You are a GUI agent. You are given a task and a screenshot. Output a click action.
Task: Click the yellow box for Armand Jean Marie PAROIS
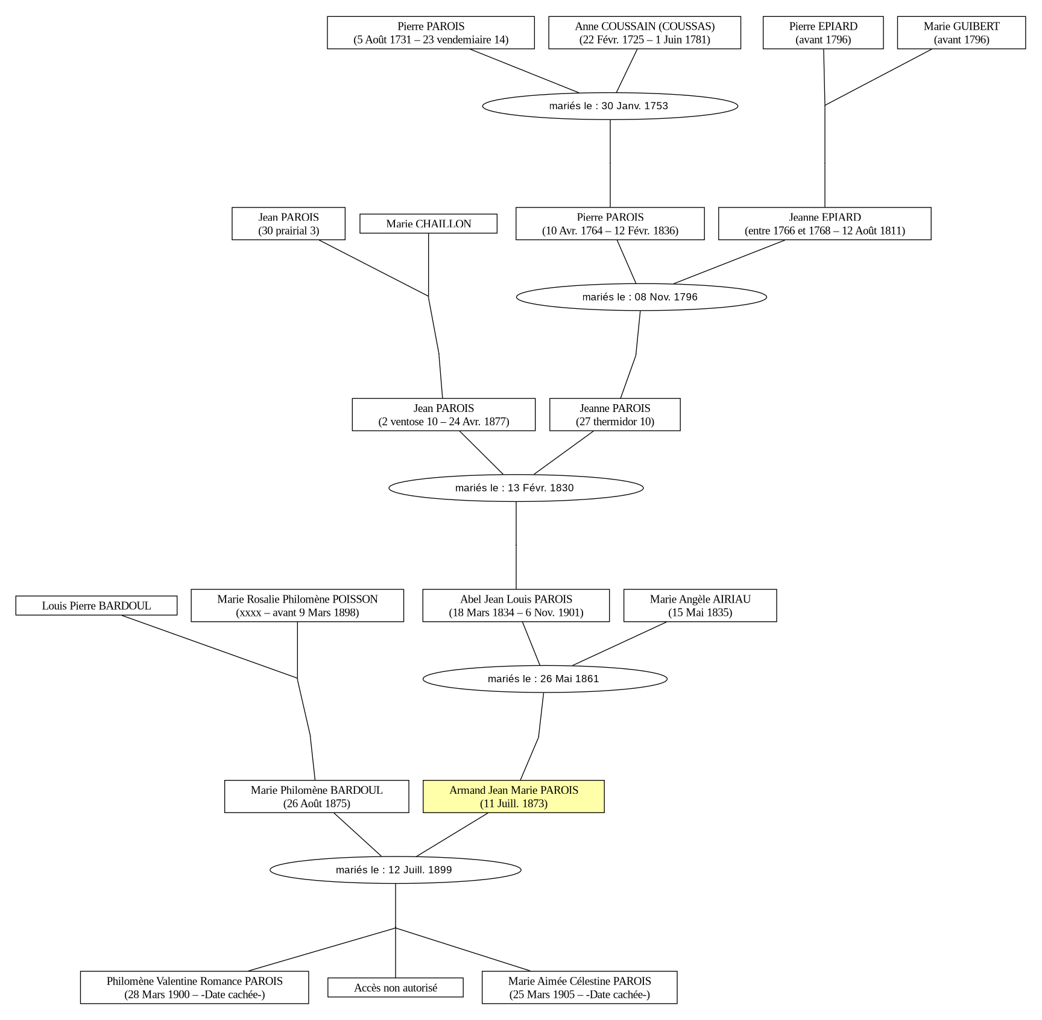(x=514, y=796)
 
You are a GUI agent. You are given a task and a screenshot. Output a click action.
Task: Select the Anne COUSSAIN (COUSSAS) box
(x=645, y=33)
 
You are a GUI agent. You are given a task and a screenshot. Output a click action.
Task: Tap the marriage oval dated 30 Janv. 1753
(x=610, y=106)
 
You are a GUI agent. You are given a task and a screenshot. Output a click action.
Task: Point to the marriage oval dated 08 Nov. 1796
(x=642, y=297)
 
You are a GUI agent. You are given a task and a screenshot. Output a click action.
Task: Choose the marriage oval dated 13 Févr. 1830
(x=516, y=488)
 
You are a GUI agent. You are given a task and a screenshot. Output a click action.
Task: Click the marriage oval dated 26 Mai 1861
(x=545, y=679)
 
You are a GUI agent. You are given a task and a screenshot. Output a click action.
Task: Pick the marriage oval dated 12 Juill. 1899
(x=396, y=870)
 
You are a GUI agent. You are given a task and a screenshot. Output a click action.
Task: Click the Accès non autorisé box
(x=396, y=987)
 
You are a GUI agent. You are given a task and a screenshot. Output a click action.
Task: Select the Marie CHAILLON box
(x=428, y=224)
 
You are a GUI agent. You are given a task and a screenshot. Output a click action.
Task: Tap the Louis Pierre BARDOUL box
(x=96, y=606)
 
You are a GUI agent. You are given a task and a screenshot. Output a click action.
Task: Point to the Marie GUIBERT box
(x=961, y=33)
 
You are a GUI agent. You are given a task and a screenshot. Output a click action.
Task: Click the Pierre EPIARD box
(x=823, y=33)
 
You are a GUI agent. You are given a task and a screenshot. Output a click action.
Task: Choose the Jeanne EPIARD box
(x=825, y=224)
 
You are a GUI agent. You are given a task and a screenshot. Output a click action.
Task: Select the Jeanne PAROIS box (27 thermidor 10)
(x=615, y=414)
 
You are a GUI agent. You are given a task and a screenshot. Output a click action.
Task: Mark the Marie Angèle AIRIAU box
(x=700, y=606)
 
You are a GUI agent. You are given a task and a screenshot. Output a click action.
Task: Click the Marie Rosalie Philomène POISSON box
(x=297, y=606)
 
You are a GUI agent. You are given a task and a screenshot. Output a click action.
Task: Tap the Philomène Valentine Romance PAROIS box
(x=195, y=987)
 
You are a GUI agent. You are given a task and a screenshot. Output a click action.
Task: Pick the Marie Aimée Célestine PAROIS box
(x=579, y=987)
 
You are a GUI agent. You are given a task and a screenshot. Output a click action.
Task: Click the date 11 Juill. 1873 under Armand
(x=514, y=803)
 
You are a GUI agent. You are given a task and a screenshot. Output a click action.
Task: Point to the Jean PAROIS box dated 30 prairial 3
(x=288, y=224)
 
